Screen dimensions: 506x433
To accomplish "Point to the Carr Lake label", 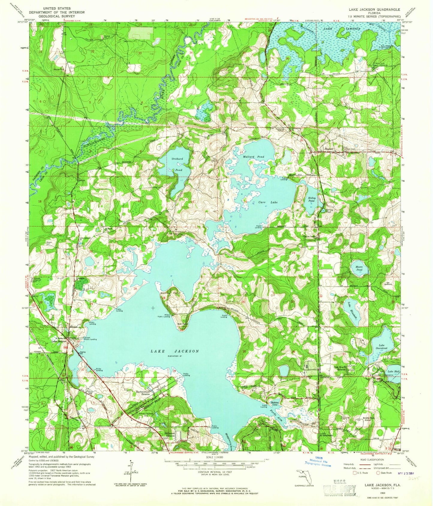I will (x=268, y=202).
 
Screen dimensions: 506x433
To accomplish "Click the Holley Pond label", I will (x=312, y=200).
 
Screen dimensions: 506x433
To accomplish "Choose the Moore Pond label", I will (x=359, y=268).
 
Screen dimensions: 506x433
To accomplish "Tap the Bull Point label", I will (x=182, y=324).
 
